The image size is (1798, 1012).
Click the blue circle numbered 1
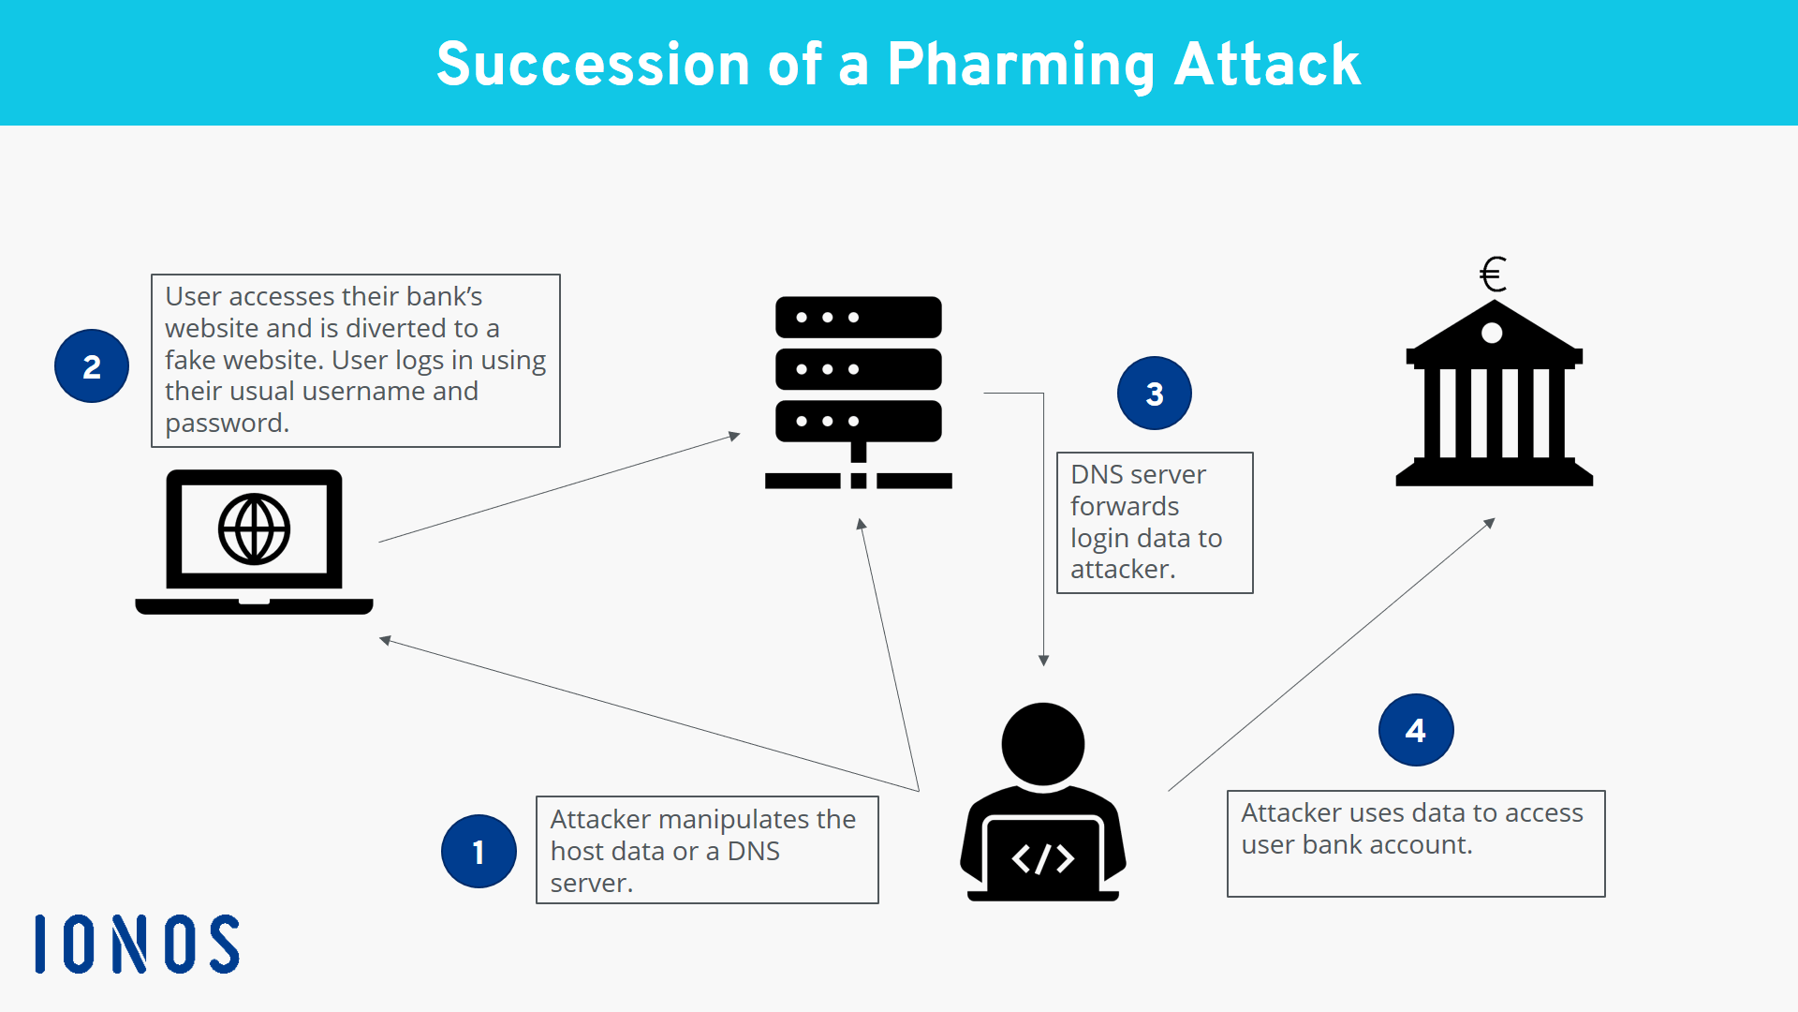tap(479, 851)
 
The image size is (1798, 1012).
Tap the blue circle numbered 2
tap(92, 366)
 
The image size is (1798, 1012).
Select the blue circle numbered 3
tap(1154, 394)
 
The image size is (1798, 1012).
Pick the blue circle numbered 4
tap(1415, 730)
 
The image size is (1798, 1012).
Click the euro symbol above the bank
tap(1493, 275)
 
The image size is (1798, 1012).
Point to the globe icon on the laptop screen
tap(254, 529)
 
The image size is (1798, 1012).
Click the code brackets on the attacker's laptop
tap(1042, 858)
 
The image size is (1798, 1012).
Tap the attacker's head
tap(1042, 744)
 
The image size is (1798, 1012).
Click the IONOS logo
tap(138, 944)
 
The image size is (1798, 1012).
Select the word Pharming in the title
tap(1020, 65)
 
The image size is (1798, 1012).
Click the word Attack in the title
tap(1267, 65)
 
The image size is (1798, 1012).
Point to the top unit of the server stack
tap(858, 318)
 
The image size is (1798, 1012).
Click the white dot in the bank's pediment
tap(1492, 333)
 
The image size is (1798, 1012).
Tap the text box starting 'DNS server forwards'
tap(1154, 522)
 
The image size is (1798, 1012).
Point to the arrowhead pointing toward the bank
tap(1489, 523)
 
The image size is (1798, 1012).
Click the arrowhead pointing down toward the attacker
tap(1043, 661)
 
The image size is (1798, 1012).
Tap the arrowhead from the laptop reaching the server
tap(735, 436)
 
